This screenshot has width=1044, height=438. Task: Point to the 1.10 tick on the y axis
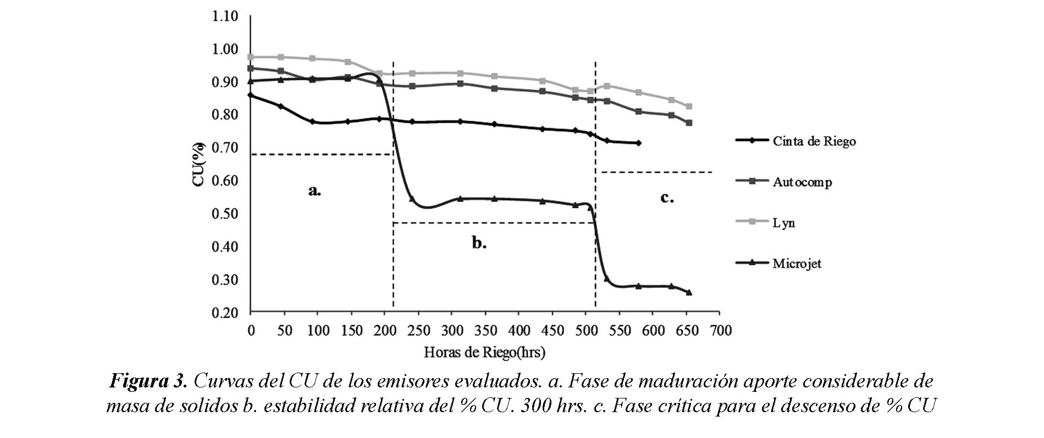click(225, 16)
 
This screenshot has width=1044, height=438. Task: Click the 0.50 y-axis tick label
click(225, 214)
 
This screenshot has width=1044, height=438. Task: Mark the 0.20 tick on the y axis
click(225, 313)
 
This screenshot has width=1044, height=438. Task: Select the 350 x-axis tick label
click(485, 330)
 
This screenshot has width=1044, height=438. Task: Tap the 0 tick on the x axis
click(251, 330)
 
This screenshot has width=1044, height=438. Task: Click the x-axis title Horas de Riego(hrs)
click(484, 352)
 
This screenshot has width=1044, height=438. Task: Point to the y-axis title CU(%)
click(199, 164)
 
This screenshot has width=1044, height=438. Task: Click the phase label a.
click(314, 191)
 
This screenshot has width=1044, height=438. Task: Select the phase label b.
click(479, 242)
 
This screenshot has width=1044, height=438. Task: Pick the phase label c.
click(667, 197)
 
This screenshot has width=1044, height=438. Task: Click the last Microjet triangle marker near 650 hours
click(689, 292)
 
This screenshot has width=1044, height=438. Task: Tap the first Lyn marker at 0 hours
click(251, 57)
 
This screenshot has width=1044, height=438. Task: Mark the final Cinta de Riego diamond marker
click(638, 143)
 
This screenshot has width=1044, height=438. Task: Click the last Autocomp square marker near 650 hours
click(689, 123)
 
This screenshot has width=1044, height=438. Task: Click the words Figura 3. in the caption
click(149, 381)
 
